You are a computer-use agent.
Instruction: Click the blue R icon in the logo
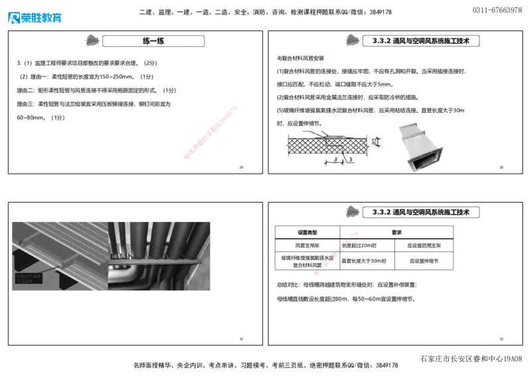pos(13,18)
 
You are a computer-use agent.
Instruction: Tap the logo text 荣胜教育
pos(42,19)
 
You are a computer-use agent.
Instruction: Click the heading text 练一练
pos(153,41)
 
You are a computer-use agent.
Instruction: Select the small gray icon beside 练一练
pos(94,41)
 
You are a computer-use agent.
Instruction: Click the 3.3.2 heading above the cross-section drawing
pos(421,41)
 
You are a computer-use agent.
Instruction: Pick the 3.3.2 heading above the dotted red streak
pos(421,213)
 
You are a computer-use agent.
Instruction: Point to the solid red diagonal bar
pos(210,132)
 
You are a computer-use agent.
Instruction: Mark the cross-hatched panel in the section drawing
pos(305,145)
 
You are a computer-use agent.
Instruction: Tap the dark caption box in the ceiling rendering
pos(31,279)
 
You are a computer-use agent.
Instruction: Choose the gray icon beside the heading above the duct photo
pos(353,41)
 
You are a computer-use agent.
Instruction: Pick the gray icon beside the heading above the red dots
pos(353,212)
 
